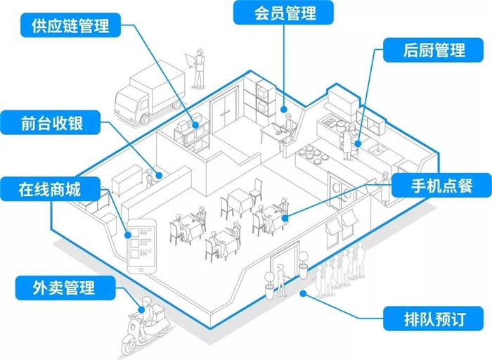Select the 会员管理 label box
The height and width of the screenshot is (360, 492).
(284, 13)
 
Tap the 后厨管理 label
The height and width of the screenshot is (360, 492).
(434, 51)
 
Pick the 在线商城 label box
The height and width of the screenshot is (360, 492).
(52, 188)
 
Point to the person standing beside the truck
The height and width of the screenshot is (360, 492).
(200, 68)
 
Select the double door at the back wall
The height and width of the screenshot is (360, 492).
(226, 112)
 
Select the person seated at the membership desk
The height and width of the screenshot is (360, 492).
(285, 127)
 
